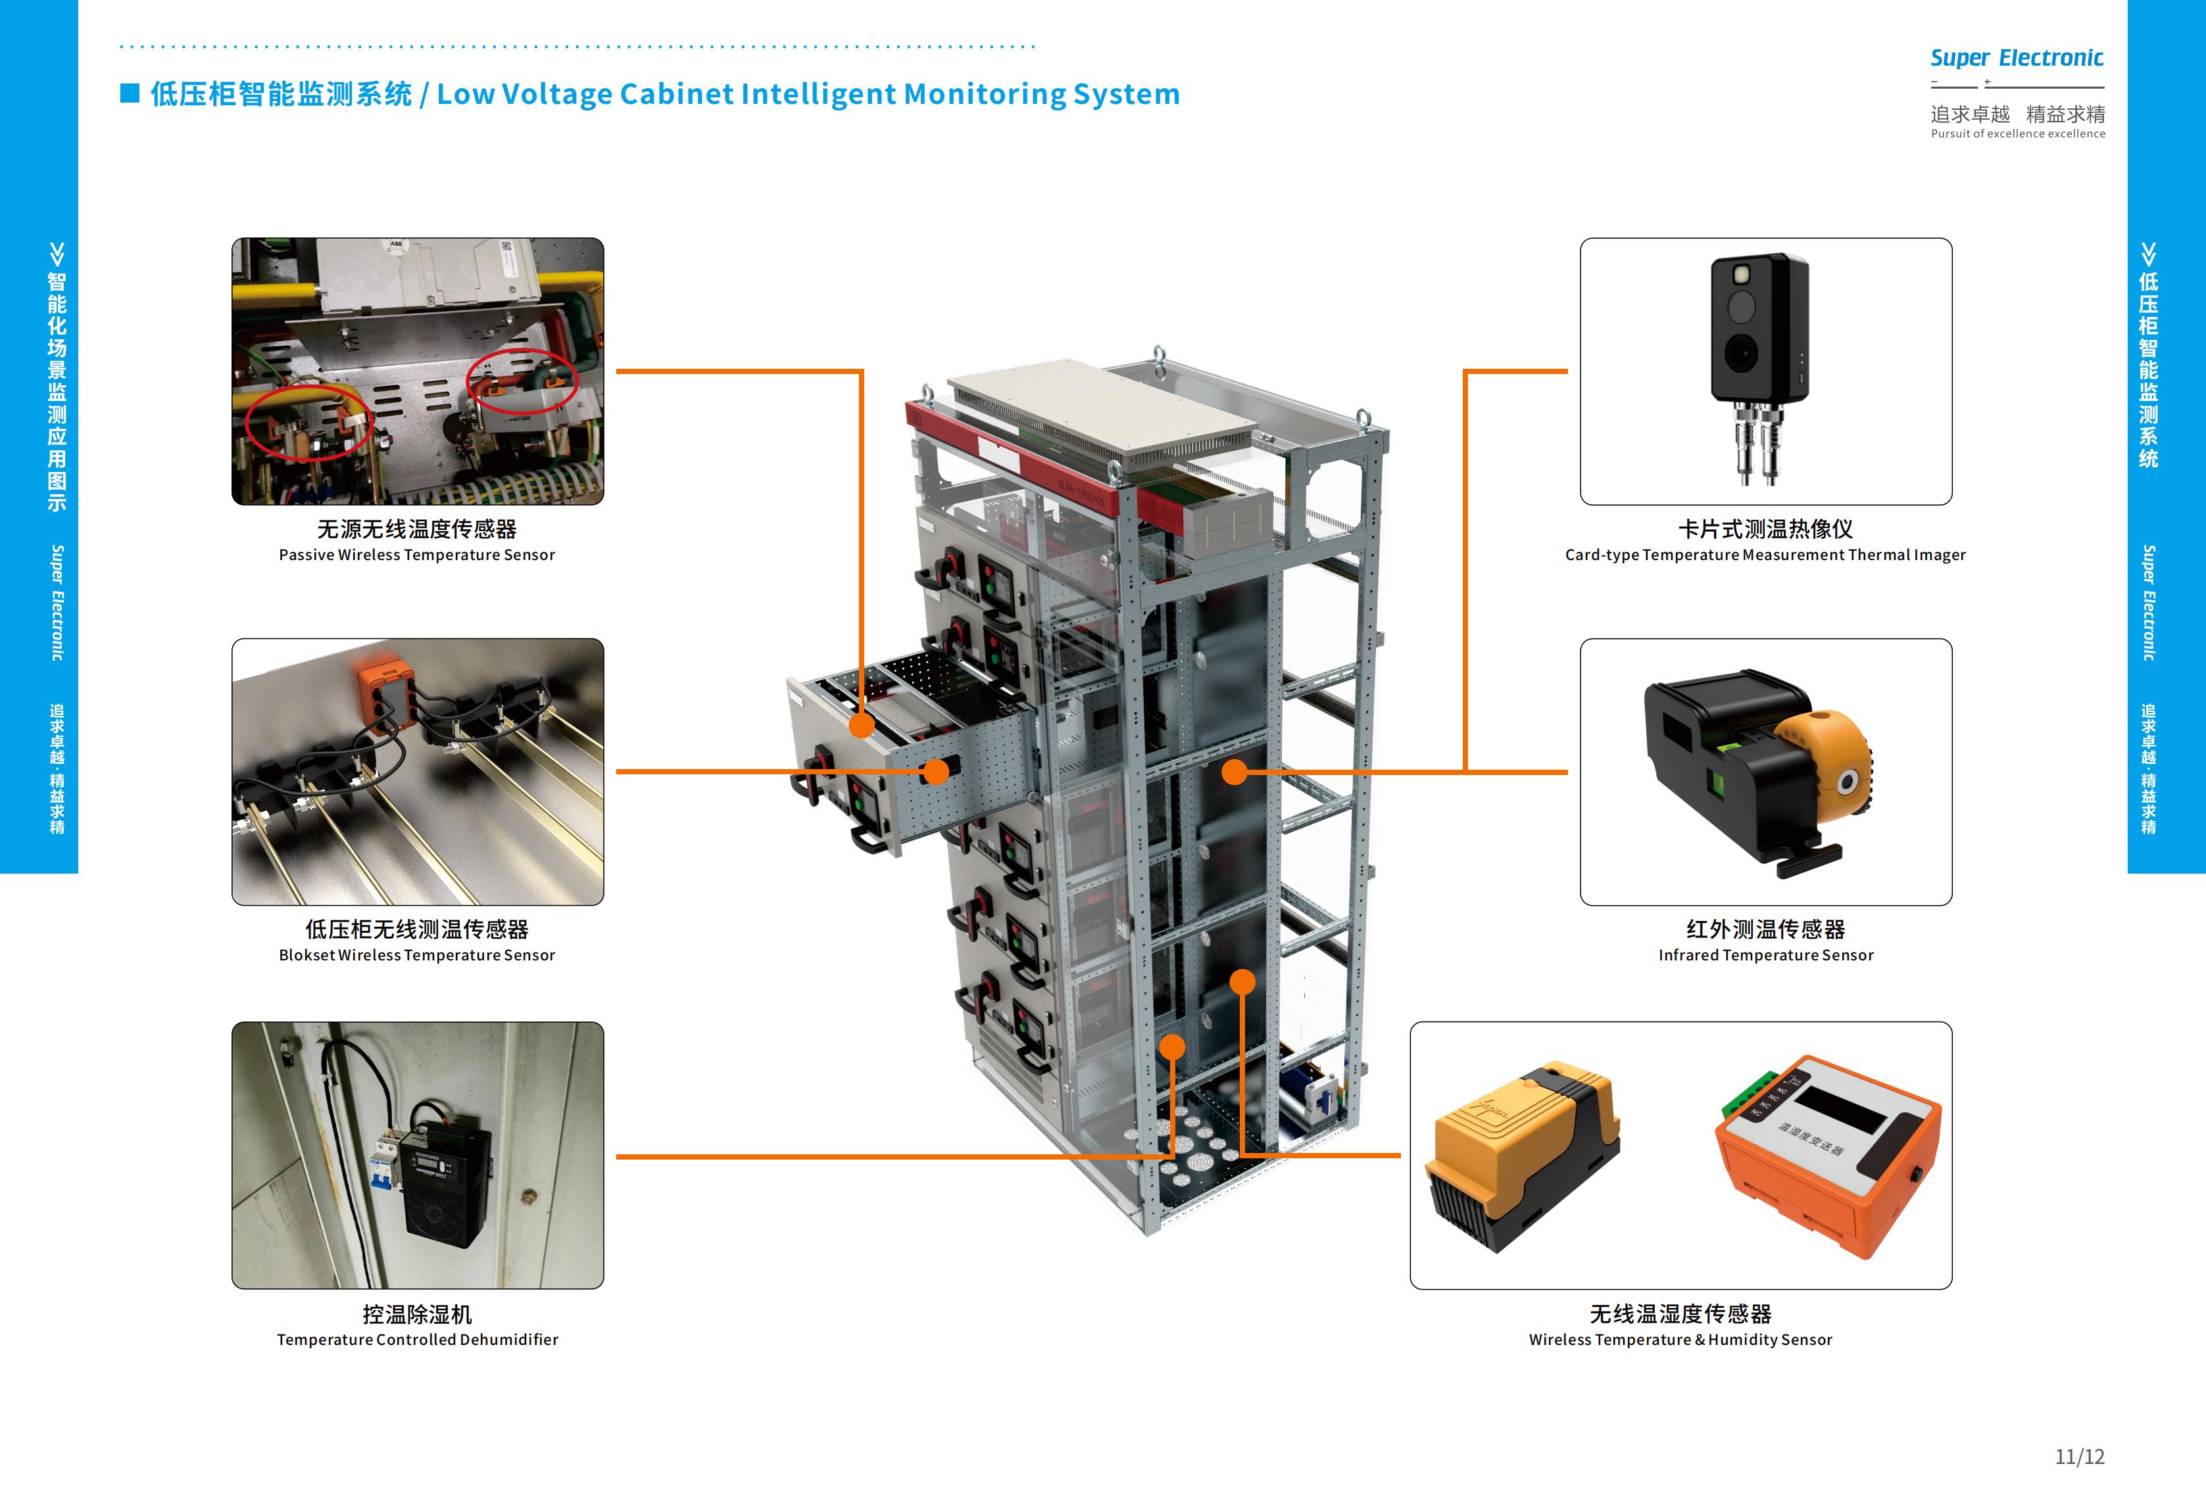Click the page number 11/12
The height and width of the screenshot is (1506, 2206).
[x=2080, y=1457]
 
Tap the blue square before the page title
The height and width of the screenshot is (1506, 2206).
[x=130, y=93]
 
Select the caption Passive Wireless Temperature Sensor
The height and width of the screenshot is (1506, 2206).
[x=417, y=555]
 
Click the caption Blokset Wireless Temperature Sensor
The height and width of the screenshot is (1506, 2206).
[x=417, y=956]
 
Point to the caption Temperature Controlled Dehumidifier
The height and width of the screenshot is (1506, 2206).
[x=418, y=1340]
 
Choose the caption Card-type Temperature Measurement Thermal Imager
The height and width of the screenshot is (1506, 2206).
[x=1765, y=555]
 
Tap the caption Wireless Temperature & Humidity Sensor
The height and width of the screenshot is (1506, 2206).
[x=1680, y=1340]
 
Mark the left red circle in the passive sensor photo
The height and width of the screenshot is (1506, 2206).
[x=308, y=422]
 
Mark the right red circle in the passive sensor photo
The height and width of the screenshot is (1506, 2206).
[x=523, y=381]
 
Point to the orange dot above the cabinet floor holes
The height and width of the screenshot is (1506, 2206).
[x=1173, y=1047]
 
